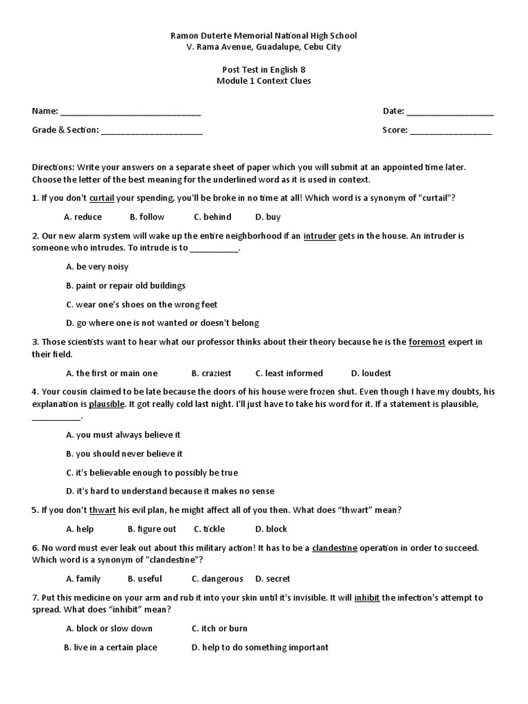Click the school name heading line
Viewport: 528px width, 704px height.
[x=264, y=35]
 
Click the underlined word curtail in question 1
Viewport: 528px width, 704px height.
[x=102, y=198]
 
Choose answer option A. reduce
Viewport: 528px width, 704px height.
[x=83, y=217]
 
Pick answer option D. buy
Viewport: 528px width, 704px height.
[x=268, y=217]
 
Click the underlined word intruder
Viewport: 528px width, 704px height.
[x=320, y=236]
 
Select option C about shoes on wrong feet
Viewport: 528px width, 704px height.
[x=142, y=305]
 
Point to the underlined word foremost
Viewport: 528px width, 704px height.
[x=427, y=342]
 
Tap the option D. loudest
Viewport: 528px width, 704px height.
[x=371, y=373]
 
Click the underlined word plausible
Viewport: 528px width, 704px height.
[x=107, y=404]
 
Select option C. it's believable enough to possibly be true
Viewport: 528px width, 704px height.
[x=152, y=473]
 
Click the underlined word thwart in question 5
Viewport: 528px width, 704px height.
[x=102, y=510]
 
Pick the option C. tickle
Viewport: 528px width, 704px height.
[x=209, y=529]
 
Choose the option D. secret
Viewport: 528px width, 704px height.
[x=273, y=579]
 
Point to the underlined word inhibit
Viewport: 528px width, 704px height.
[x=367, y=598]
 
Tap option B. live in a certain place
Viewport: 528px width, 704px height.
[x=111, y=648]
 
